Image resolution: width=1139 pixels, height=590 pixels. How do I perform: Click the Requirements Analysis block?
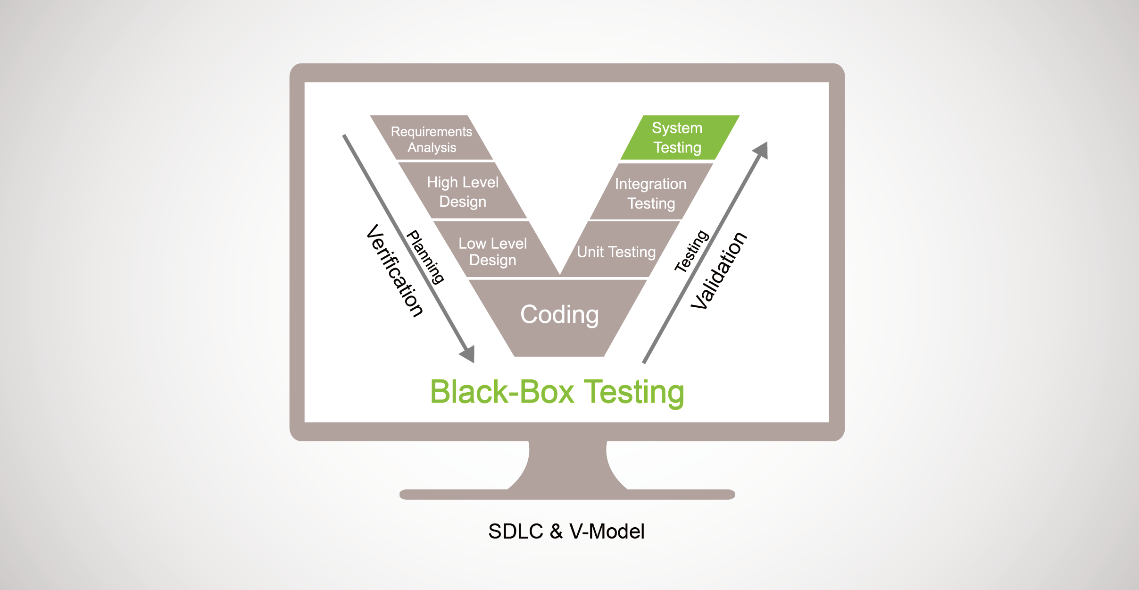(432, 139)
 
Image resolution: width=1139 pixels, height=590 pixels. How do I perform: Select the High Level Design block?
(463, 192)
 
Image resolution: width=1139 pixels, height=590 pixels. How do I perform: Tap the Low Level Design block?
(493, 252)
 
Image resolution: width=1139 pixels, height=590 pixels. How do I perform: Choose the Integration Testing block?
(651, 193)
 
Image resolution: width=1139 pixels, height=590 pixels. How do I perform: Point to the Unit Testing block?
(616, 252)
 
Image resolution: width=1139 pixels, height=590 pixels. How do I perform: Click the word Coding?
(559, 315)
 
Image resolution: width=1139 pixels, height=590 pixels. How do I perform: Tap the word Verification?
(395, 270)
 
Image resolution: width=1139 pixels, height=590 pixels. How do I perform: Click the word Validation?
(719, 270)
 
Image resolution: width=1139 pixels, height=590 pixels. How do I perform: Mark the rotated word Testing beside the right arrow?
(691, 251)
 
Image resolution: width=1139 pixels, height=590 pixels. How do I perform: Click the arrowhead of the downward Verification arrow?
(468, 354)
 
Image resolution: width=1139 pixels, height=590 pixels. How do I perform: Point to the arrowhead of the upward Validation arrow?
(761, 150)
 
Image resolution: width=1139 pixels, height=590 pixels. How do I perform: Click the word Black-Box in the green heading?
(502, 392)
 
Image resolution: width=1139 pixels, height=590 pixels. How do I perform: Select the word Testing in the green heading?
(634, 392)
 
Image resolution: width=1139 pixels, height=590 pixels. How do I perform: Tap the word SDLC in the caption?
(515, 531)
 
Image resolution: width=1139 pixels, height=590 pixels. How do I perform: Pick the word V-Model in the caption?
(607, 531)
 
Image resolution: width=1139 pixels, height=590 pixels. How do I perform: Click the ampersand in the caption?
(557, 531)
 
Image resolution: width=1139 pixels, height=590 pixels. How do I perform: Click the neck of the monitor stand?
(567, 465)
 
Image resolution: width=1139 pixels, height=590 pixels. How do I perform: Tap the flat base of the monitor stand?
(567, 495)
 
